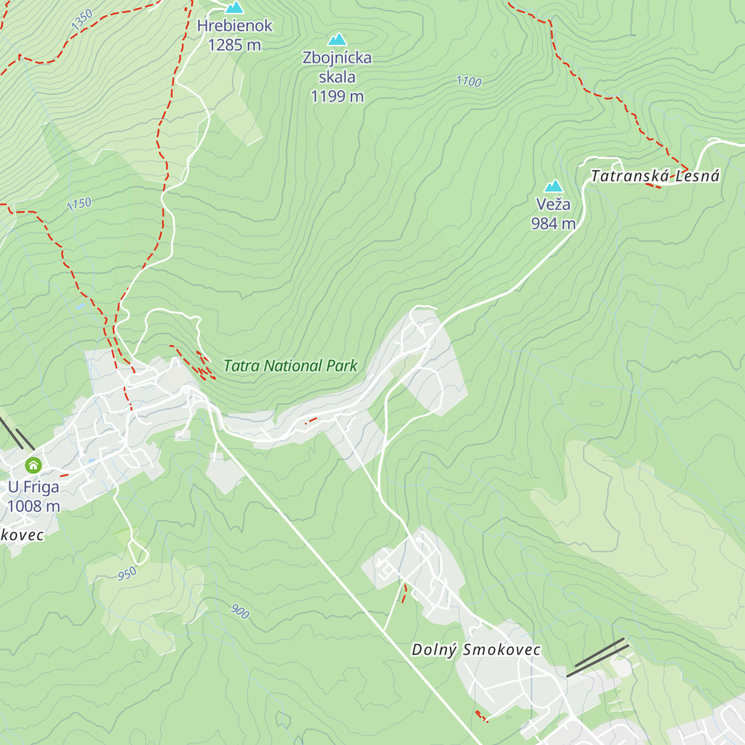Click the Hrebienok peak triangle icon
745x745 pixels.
234,8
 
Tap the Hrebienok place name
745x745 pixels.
235,26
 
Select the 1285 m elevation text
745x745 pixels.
235,45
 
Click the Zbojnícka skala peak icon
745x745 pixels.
337,40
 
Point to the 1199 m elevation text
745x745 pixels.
337,96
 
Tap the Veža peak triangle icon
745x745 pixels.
553,186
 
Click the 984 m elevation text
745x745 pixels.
553,223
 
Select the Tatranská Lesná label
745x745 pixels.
654,176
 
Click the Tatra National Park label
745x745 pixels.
290,366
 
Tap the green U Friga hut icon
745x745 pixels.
33,465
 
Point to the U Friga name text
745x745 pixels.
34,487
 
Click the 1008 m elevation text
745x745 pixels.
34,507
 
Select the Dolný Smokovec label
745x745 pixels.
476,650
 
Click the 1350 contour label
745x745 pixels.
82,19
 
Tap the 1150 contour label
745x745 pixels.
79,204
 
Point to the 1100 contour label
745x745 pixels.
469,81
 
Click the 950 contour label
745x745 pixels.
127,574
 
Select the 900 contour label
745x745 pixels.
240,612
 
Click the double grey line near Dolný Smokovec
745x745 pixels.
597,657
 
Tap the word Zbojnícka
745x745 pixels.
337,58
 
